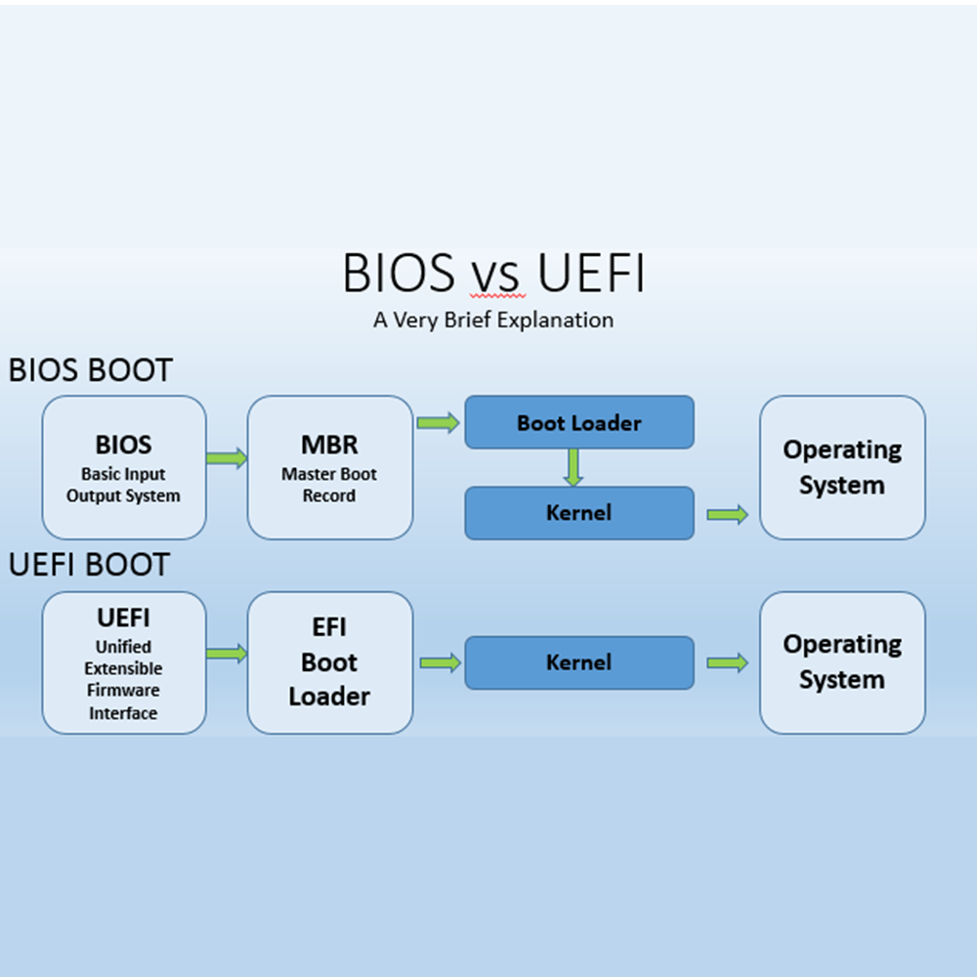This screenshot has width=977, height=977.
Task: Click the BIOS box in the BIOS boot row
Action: tap(124, 467)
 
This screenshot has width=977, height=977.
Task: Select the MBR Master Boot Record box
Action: tap(329, 467)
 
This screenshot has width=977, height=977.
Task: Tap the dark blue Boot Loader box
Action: tap(578, 422)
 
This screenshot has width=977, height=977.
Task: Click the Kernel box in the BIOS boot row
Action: tap(578, 513)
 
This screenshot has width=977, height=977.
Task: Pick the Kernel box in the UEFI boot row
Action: tap(578, 662)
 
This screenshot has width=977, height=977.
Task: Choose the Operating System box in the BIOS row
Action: tap(842, 467)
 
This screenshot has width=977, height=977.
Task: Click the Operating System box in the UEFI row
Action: tap(842, 662)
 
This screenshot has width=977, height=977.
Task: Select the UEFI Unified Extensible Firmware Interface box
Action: tap(124, 662)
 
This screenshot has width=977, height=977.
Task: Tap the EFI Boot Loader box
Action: tap(329, 662)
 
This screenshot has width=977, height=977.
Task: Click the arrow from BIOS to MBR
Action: tap(227, 458)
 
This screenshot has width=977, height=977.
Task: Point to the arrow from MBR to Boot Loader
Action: tap(439, 423)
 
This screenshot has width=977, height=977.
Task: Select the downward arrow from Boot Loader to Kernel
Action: tap(573, 467)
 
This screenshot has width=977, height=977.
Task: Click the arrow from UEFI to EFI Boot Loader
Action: tap(227, 654)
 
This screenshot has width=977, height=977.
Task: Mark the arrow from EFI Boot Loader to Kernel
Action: tap(441, 662)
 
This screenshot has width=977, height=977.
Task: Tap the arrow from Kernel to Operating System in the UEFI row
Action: tap(727, 662)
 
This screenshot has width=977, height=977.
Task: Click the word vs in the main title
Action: tap(494, 276)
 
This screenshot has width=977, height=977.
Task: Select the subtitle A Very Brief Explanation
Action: tap(493, 319)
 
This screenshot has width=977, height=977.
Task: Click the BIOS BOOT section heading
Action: tap(90, 370)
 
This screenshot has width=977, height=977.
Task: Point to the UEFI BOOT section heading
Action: tap(89, 565)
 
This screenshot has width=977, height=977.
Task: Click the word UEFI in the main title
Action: tap(591, 273)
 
